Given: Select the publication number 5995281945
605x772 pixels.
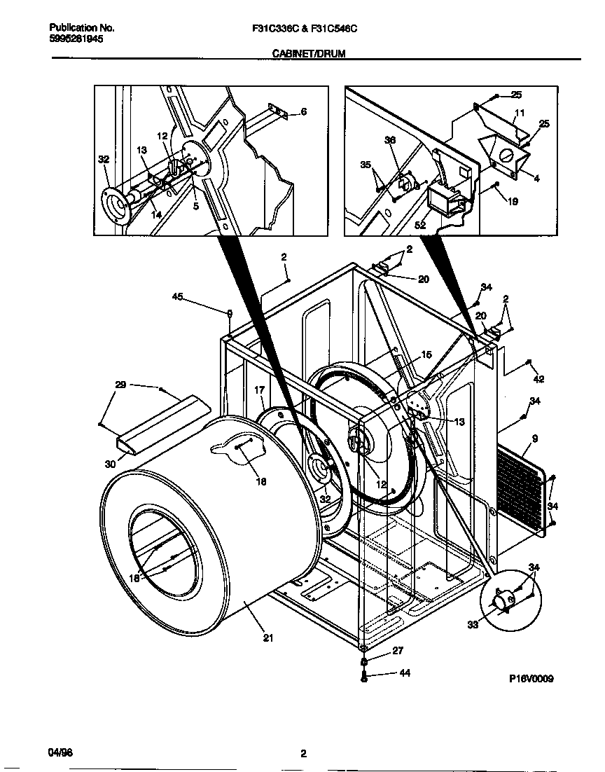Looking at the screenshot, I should coord(76,40).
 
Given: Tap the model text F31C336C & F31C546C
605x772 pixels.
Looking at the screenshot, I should coord(309,29).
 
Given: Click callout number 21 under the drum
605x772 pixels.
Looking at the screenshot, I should coord(268,637).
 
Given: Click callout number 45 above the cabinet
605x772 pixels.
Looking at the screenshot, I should coord(177,297).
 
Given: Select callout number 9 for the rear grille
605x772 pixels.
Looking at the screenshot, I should coord(534,439).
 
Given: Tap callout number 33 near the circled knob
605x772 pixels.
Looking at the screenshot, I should coord(473,624).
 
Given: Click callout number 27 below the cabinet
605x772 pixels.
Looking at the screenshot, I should coord(397,651).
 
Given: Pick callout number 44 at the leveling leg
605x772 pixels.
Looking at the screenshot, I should coord(404,673).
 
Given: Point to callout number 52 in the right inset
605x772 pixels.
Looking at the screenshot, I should coord(420,225).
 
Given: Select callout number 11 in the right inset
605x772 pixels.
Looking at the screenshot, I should coord(519,113).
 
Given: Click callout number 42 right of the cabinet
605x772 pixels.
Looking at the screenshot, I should coord(538,380).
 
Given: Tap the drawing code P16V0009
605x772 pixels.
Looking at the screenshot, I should coord(531,679).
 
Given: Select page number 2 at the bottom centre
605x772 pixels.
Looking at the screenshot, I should coord(303,754).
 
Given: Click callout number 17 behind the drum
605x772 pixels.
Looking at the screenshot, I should coord(259,390).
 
